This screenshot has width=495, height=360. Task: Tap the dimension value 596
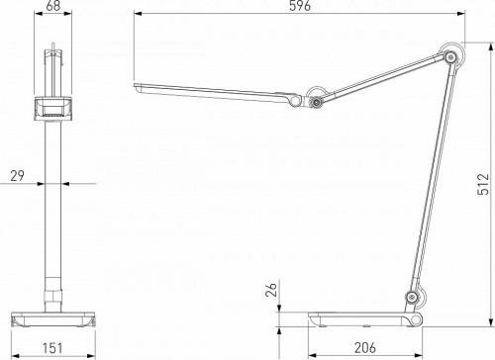pos(301,7)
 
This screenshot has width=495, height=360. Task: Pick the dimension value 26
pos(270,290)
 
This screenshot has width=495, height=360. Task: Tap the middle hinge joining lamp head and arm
pos(315,98)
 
